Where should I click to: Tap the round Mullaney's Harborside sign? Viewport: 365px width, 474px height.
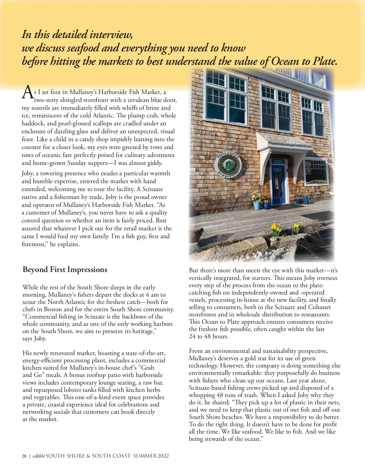[228, 166]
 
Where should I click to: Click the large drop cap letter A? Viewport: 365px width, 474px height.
[27, 92]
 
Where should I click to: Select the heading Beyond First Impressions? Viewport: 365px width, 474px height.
[65, 270]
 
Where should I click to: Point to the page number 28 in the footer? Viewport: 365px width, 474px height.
[24, 456]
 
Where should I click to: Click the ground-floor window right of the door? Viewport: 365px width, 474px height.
[316, 172]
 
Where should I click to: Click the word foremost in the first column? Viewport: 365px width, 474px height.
[33, 244]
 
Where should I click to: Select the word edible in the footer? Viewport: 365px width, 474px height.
[39, 456]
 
